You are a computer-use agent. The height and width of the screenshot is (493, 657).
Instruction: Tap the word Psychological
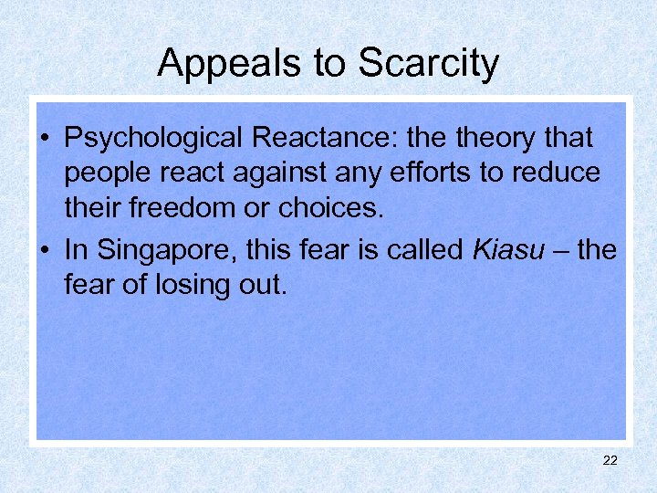pyautogui.click(x=154, y=139)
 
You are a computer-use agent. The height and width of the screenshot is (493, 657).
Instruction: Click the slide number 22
pyautogui.click(x=610, y=461)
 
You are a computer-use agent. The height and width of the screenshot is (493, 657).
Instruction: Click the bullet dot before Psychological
pyautogui.click(x=45, y=140)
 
